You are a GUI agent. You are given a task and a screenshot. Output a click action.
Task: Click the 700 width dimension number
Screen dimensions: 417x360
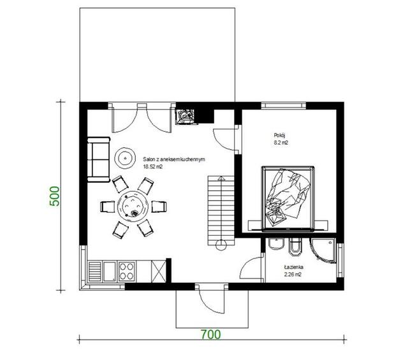(x=210, y=335)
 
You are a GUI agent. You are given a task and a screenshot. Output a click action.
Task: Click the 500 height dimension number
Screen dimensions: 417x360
(x=55, y=196)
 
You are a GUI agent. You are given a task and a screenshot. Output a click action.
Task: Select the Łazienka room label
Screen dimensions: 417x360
(x=293, y=267)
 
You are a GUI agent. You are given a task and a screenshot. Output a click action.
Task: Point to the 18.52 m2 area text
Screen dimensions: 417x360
(x=152, y=167)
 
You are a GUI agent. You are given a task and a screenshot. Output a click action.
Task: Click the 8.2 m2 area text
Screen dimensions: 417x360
(x=281, y=142)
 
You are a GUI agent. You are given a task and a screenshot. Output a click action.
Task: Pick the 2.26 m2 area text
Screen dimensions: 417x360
(x=293, y=275)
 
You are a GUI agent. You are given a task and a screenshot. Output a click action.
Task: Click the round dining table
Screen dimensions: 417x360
(x=133, y=206)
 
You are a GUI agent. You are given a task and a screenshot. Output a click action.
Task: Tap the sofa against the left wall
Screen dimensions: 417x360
(x=99, y=159)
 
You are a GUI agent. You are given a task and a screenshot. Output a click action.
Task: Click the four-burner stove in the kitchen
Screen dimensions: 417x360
(x=126, y=271)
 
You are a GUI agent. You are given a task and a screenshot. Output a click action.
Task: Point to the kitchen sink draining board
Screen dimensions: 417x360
(x=94, y=271)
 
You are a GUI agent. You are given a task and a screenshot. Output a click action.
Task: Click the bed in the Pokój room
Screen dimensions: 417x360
(x=288, y=198)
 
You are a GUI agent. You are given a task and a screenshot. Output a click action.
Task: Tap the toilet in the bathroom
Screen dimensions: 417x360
(x=295, y=247)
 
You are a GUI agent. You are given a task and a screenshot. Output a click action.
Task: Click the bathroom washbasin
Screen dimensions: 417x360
(x=277, y=243)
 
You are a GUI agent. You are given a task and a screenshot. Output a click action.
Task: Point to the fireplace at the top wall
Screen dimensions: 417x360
(x=186, y=117)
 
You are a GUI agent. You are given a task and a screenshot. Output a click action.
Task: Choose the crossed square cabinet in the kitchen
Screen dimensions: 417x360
(x=159, y=271)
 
